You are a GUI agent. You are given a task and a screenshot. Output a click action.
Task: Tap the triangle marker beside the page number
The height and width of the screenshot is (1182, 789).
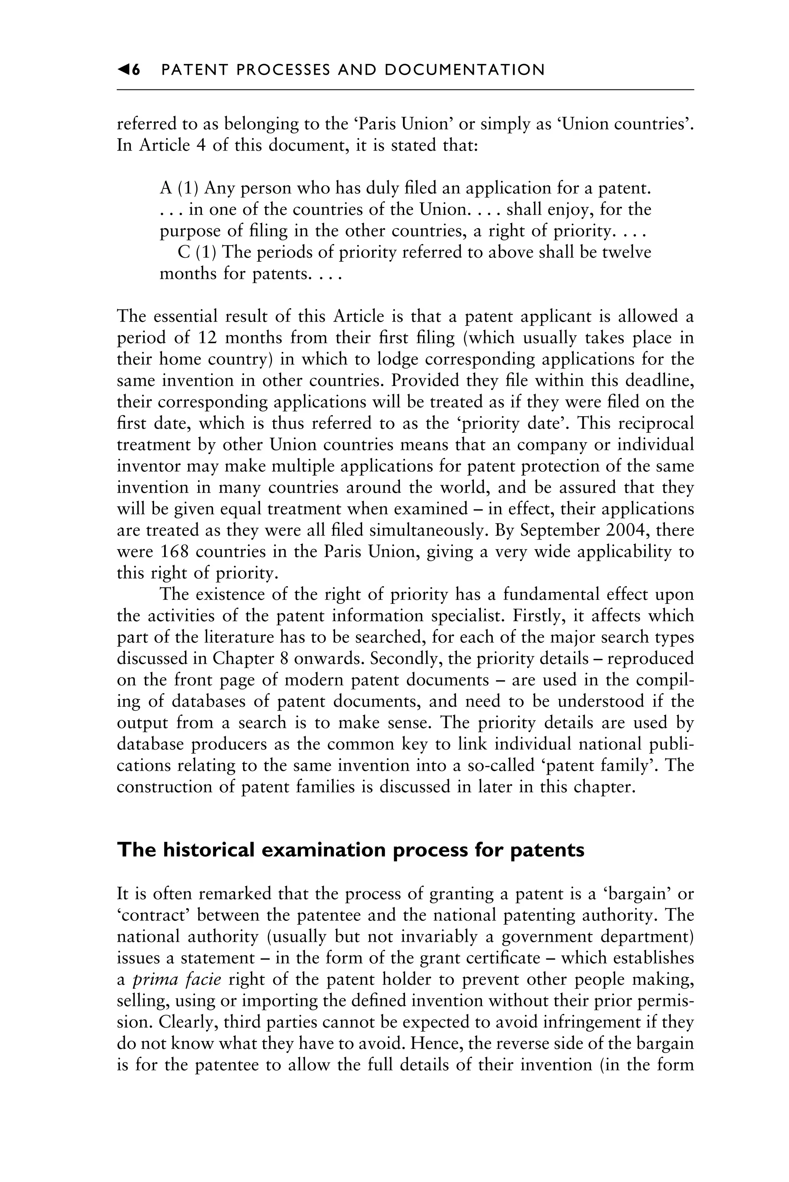(x=123, y=70)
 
